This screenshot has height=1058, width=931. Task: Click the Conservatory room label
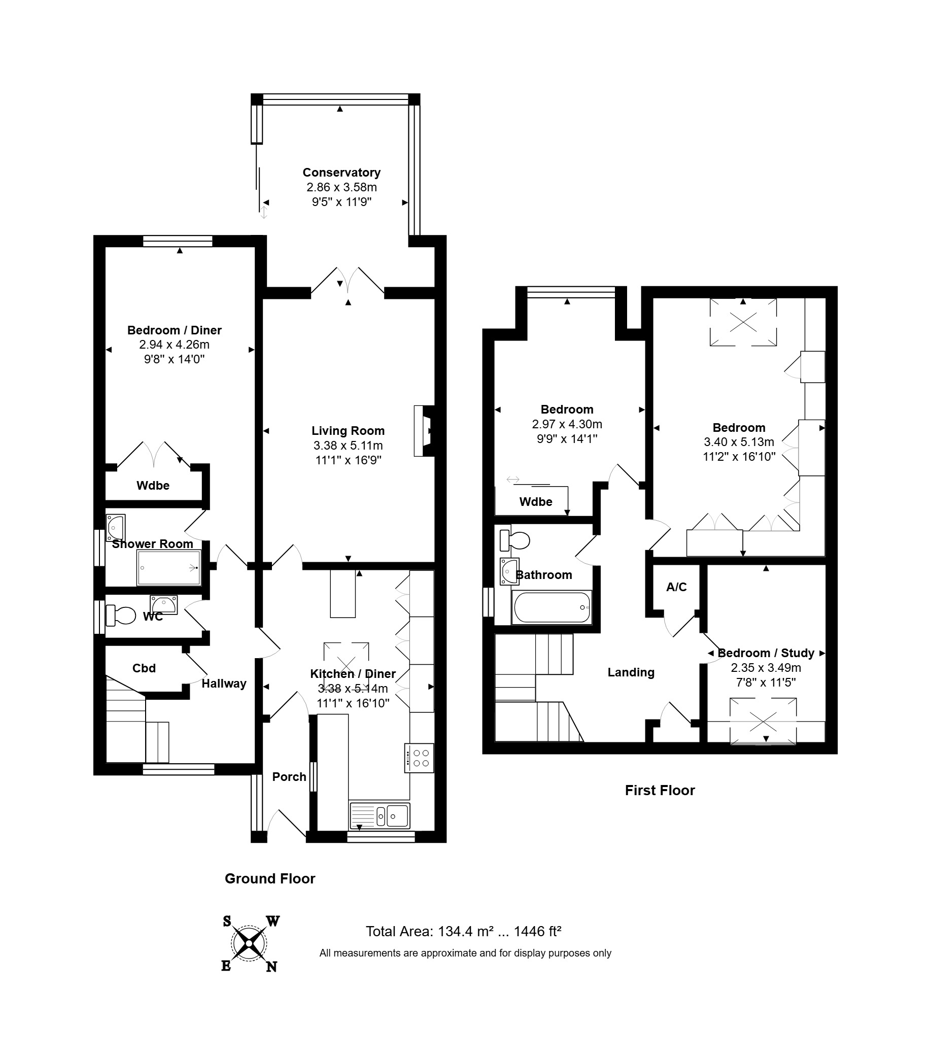tap(341, 173)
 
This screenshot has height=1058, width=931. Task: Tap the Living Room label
tap(348, 431)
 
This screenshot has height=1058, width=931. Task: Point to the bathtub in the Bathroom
tap(551, 607)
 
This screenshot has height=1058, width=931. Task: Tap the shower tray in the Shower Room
tap(169, 568)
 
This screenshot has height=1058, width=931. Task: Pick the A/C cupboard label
tap(676, 587)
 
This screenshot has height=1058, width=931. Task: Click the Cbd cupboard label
tap(144, 668)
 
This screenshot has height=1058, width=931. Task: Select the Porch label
tap(289, 777)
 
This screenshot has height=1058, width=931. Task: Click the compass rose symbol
tap(250, 944)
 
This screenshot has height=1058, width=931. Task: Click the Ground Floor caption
tap(269, 878)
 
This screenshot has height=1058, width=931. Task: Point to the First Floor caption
tap(660, 791)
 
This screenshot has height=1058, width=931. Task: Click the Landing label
tap(631, 672)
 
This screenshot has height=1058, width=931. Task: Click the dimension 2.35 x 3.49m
tap(766, 668)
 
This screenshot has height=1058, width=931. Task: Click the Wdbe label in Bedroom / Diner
tap(153, 486)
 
